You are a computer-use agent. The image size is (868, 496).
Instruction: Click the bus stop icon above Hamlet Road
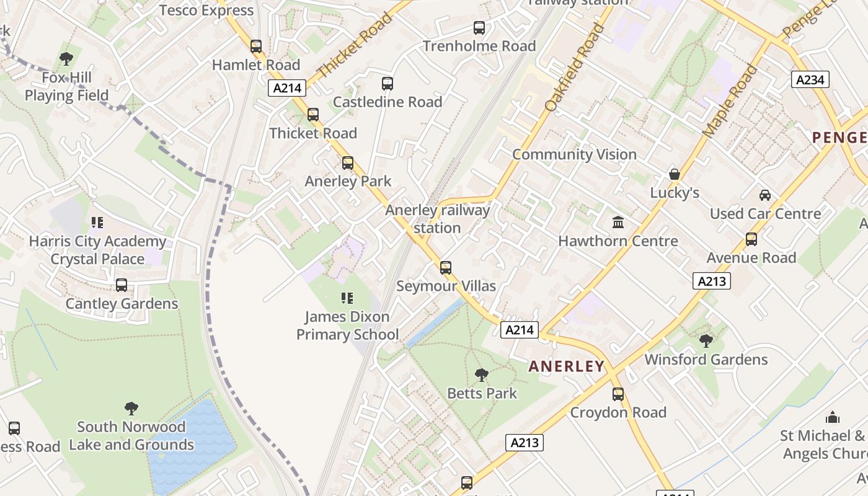tap(256, 46)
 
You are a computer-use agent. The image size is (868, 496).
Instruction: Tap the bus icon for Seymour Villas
tap(446, 268)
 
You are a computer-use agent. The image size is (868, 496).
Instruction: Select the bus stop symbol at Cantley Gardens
tap(122, 285)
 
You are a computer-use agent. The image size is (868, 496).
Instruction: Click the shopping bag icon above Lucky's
tap(674, 174)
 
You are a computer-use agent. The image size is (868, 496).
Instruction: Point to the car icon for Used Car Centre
tap(765, 195)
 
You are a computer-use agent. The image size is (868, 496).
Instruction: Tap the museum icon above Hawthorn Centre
tap(618, 222)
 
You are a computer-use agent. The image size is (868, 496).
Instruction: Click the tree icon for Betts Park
tap(481, 374)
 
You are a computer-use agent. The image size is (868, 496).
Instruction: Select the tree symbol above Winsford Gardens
tap(706, 340)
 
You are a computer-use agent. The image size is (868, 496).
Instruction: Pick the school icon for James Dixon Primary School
tap(347, 298)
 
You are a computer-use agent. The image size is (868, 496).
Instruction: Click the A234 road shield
tap(810, 79)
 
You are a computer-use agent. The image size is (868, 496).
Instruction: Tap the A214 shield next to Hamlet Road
tap(288, 88)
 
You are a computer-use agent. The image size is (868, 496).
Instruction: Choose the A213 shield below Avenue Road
tap(712, 281)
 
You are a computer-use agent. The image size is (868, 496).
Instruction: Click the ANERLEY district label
tap(566, 366)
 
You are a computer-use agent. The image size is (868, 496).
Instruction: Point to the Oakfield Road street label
tap(574, 68)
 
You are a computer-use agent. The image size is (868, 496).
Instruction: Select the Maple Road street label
tap(730, 101)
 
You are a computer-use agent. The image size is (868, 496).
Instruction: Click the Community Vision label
tap(574, 154)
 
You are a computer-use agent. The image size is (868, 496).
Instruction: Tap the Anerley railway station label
tap(438, 219)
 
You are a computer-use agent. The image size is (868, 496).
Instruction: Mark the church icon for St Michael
tap(833, 417)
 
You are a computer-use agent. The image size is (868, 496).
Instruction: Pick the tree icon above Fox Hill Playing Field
tap(66, 59)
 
